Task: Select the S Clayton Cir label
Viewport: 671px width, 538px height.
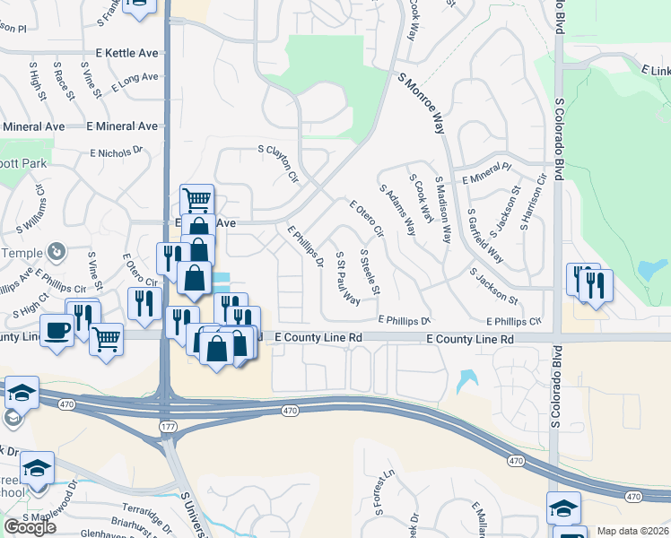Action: click(x=277, y=164)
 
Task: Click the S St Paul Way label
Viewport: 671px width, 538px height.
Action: click(x=348, y=279)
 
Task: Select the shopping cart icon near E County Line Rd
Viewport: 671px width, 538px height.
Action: click(x=107, y=339)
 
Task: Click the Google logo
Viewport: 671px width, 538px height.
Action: click(x=30, y=526)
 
